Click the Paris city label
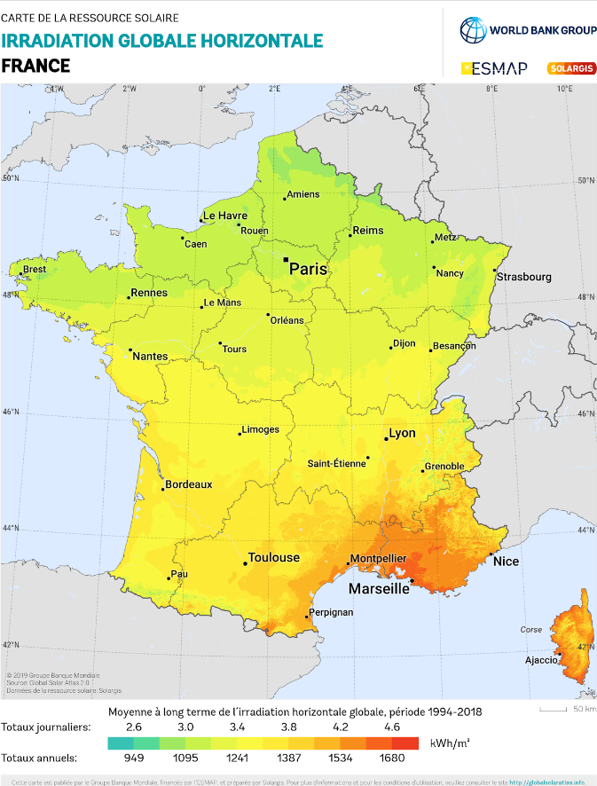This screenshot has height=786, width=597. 309,269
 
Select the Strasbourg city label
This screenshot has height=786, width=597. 524,277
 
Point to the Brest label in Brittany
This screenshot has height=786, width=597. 34,269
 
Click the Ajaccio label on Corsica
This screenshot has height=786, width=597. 540,660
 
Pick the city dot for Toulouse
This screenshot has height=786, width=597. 245,563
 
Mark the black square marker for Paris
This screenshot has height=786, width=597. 286,260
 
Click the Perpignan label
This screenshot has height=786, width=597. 332,612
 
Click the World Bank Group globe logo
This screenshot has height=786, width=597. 474,30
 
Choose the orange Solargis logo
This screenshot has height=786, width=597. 571,67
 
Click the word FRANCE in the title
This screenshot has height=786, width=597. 35,66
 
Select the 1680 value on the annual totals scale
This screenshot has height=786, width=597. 392,758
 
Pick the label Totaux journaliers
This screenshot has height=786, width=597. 45,727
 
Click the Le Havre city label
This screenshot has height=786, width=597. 224,216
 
